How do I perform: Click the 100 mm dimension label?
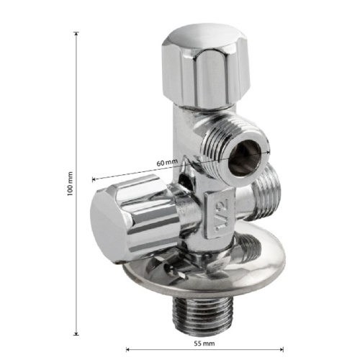pyautogui.click(x=70, y=184)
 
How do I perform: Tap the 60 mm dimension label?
pyautogui.click(x=167, y=163)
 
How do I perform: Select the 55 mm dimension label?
pyautogui.click(x=204, y=343)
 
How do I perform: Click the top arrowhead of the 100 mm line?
pyautogui.click(x=76, y=34)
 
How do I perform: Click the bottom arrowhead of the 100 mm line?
pyautogui.click(x=76, y=333)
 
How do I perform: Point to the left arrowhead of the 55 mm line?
pyautogui.click(x=128, y=349)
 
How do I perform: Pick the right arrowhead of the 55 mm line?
pyautogui.click(x=282, y=349)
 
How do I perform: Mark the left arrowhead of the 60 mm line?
pyautogui.click(x=94, y=179)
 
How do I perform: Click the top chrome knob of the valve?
pyautogui.click(x=206, y=66)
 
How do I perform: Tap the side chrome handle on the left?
pyautogui.click(x=135, y=218)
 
